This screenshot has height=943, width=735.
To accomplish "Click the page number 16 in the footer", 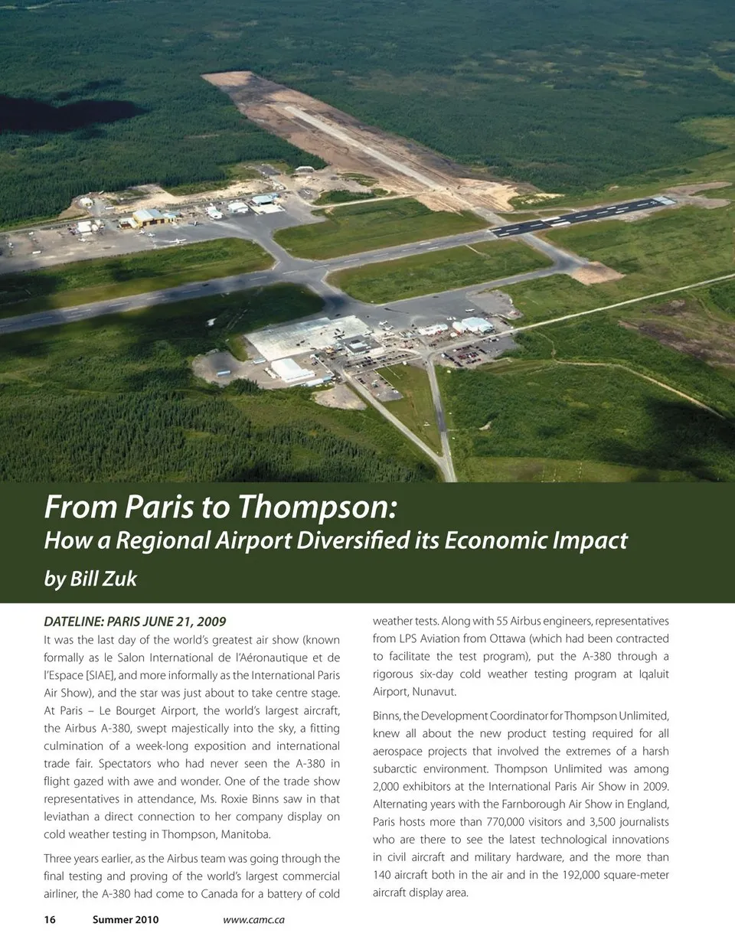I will (50, 919).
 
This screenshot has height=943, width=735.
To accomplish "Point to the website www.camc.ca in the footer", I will (253, 919).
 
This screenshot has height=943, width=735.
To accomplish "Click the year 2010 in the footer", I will (145, 919).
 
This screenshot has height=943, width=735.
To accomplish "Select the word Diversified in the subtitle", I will (366, 541).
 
